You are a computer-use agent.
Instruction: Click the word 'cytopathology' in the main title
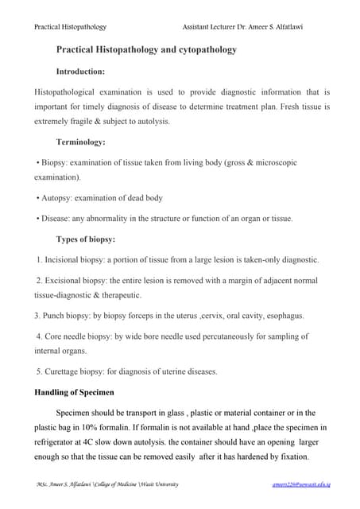(210, 49)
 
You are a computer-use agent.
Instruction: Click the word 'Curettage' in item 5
(63, 371)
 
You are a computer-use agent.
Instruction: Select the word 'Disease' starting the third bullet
(56, 218)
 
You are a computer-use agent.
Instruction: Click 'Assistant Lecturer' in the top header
(210, 28)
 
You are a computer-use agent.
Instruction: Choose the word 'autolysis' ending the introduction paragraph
(148, 121)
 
